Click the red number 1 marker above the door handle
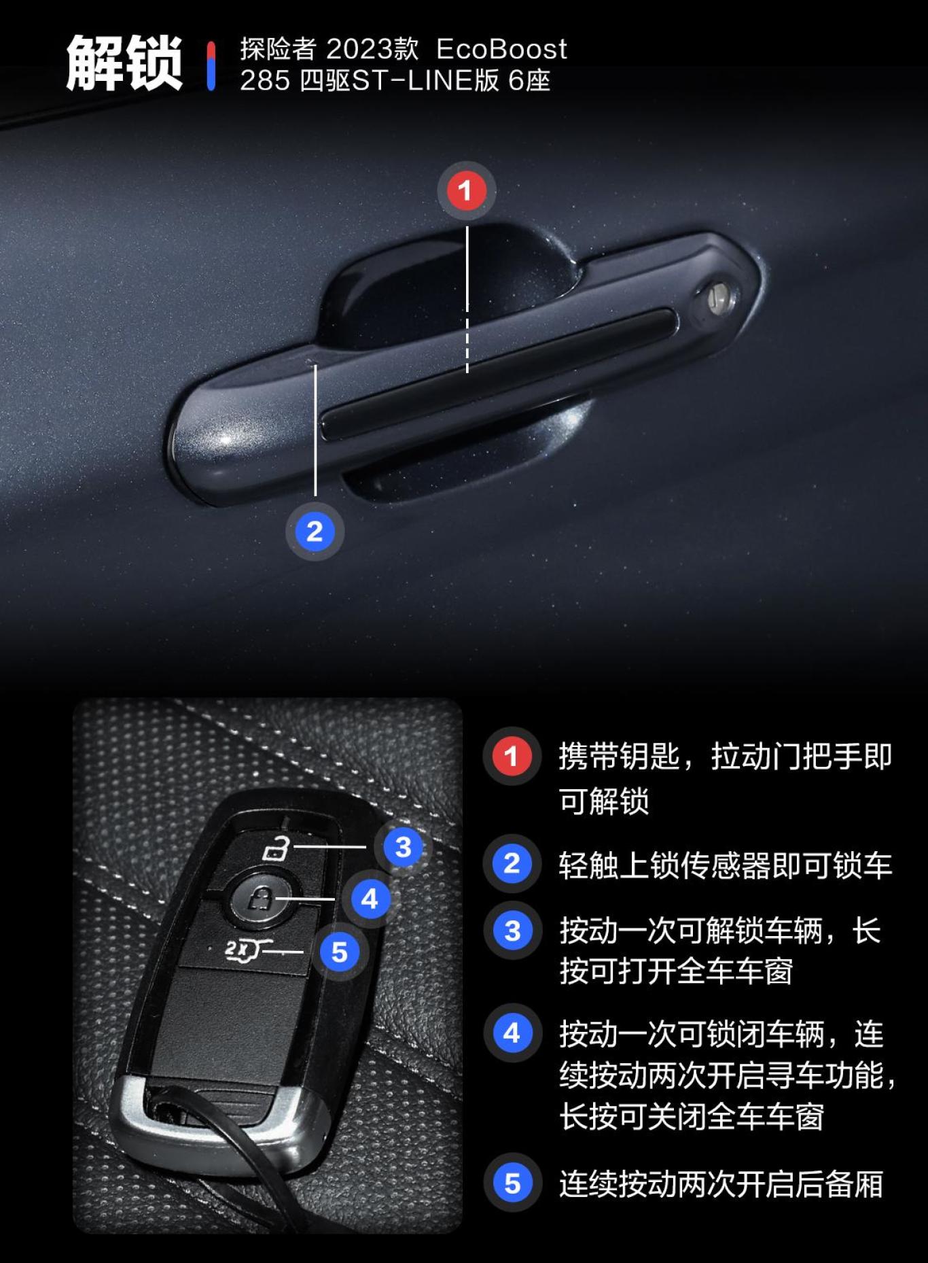click(x=465, y=190)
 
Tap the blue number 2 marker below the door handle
click(x=315, y=531)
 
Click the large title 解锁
click(x=124, y=64)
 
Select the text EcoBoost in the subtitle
click(x=501, y=49)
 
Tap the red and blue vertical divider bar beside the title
click(x=211, y=65)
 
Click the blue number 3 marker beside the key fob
click(x=403, y=847)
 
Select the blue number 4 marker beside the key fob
click(x=370, y=899)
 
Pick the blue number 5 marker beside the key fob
click(x=339, y=952)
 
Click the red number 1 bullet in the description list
click(x=512, y=757)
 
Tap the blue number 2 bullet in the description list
click(x=512, y=864)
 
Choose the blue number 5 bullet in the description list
click(x=512, y=1183)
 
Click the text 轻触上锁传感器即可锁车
click(x=725, y=865)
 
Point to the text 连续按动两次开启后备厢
click(x=721, y=1183)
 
